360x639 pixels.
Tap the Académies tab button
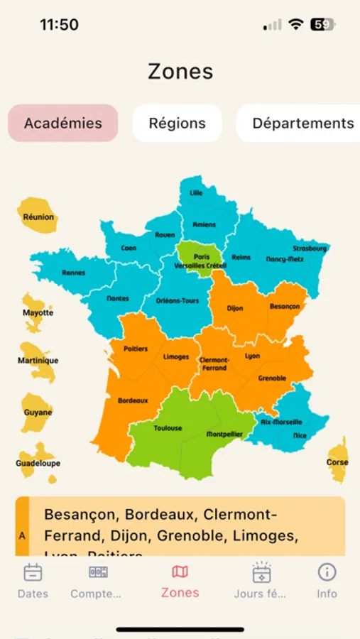pos(63,123)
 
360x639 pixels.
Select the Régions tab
pos(177,123)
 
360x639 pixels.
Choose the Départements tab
pos(302,123)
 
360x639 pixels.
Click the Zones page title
pos(180,72)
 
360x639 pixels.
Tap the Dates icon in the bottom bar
pos(33,572)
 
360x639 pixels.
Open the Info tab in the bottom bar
pos(327,572)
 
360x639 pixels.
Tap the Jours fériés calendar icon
pos(261,572)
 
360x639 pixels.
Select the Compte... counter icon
pos(98,572)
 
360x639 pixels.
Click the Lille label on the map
pos(196,192)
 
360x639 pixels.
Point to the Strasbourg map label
pos(310,248)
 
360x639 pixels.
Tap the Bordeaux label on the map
pos(133,400)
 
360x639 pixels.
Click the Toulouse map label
pos(168,428)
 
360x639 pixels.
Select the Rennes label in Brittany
pos(73,273)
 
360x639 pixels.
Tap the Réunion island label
pos(38,217)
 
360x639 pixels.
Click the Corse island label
pos(337,462)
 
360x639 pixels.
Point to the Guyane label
pos(37,413)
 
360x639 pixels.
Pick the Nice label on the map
pos(300,435)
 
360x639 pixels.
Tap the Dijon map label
pos(234,309)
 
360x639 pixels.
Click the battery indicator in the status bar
pos(323,24)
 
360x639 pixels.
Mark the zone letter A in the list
pos(22,536)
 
